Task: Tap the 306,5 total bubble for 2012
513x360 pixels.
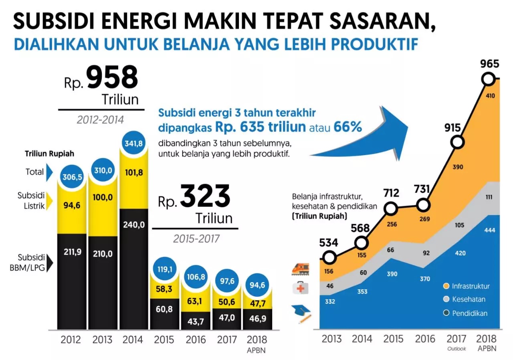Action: click(x=72, y=177)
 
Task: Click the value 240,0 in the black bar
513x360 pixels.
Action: click(x=133, y=225)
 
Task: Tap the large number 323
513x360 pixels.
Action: click(x=205, y=196)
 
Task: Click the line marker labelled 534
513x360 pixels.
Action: click(x=329, y=258)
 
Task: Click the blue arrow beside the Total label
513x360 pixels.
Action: click(x=50, y=172)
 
